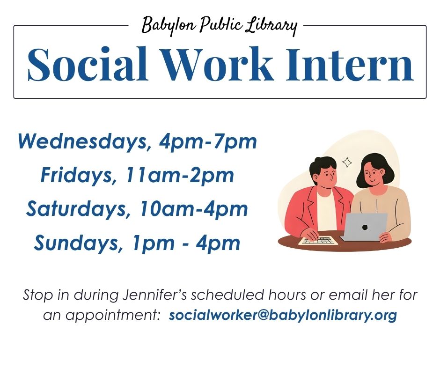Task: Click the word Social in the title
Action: point(88,64)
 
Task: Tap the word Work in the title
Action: point(218,64)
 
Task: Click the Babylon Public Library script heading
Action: point(220,26)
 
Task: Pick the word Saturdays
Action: point(76,209)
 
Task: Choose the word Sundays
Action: point(76,244)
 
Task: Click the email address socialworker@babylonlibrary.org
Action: point(283,315)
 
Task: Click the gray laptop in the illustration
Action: point(364,227)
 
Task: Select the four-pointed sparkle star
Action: point(347,162)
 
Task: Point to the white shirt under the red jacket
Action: point(327,209)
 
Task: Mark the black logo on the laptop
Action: point(365,227)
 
